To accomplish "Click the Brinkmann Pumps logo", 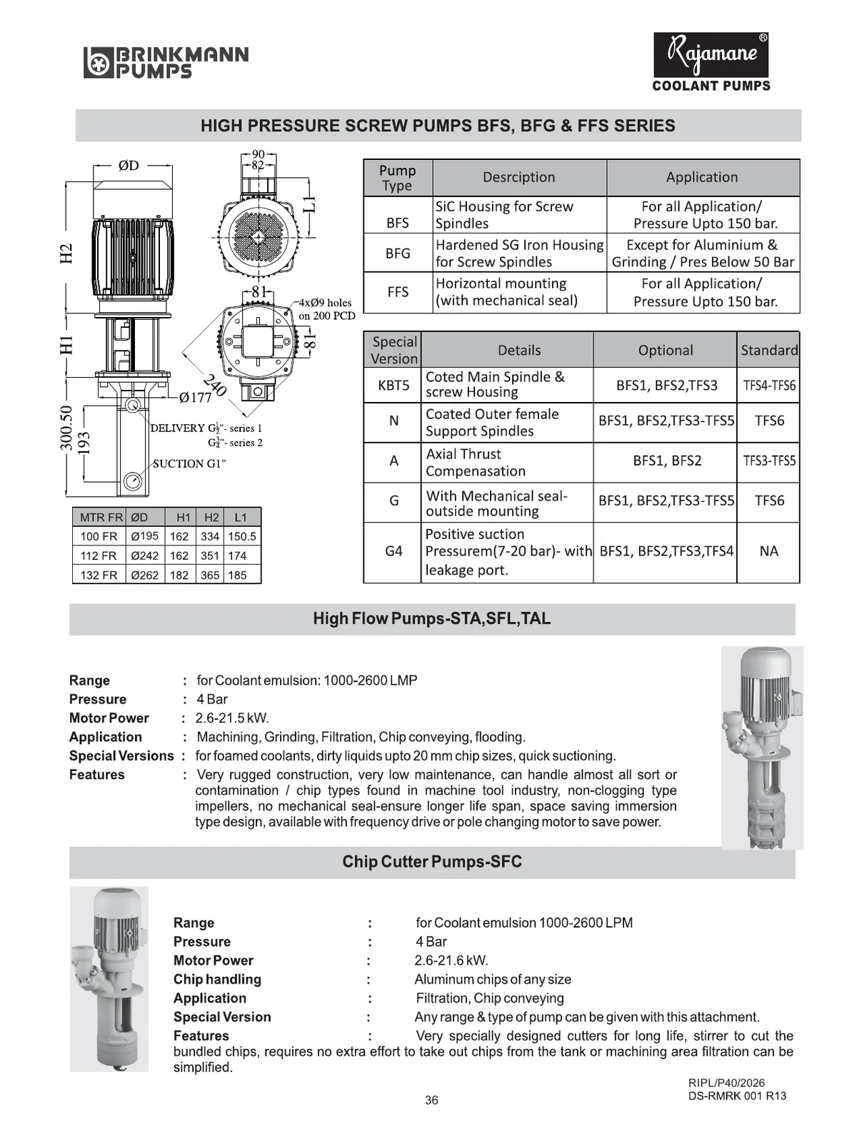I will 166,62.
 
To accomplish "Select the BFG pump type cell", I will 398,253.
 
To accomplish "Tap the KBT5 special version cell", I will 394,385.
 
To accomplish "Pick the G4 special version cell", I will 394,551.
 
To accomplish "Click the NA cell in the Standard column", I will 768,551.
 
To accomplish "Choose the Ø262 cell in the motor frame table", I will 144,575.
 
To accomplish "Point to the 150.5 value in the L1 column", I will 242,536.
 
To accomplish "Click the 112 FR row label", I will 99,556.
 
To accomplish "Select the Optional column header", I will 665,350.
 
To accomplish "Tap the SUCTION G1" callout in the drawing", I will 189,463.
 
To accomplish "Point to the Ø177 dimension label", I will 195,398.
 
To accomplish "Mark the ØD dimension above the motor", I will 129,166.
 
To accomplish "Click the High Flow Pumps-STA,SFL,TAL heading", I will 431,618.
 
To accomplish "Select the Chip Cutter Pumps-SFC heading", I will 431,862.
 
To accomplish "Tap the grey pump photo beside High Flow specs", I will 762,747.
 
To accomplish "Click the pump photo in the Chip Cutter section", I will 109,978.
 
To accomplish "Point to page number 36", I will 431,1100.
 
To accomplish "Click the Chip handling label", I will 217,979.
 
